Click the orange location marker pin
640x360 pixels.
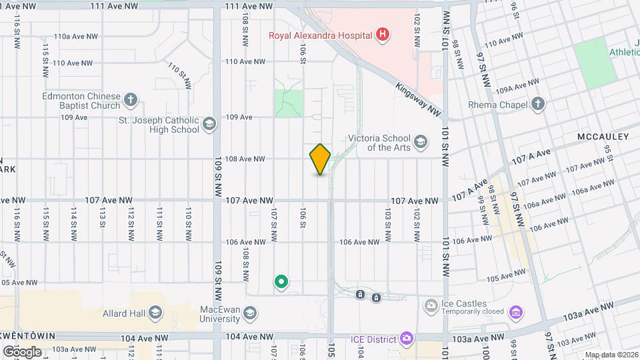click(320, 159)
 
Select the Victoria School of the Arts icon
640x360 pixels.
click(420, 141)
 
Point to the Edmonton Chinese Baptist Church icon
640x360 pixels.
click(131, 100)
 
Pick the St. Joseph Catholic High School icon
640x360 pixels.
click(209, 125)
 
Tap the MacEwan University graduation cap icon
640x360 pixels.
click(249, 313)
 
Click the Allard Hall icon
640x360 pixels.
click(155, 313)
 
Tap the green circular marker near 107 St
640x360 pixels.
click(281, 282)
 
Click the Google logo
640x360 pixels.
click(22, 351)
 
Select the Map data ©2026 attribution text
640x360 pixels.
click(611, 355)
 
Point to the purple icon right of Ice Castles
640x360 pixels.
click(515, 312)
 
